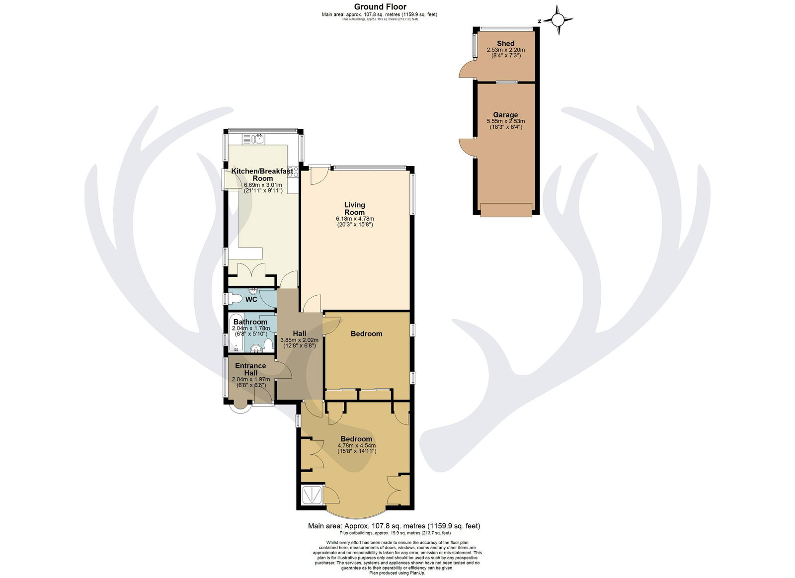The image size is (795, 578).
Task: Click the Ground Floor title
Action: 380,6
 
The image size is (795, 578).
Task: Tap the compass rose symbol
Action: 557,20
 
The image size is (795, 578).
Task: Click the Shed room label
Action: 505,43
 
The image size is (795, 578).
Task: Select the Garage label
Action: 505,115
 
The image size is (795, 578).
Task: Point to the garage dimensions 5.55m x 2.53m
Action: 505,121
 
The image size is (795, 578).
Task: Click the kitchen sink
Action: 253,139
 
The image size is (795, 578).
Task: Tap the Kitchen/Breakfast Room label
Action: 262,174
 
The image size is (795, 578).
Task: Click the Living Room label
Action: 355,208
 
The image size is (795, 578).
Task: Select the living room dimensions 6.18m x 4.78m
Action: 355,219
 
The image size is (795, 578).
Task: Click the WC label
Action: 251,299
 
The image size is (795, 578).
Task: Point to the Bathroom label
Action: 250,322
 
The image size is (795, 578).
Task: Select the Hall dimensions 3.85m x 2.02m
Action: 299,340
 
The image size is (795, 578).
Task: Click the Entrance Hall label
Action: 250,369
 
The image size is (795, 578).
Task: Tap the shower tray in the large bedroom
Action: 312,495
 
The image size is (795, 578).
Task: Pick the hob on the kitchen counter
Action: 293,172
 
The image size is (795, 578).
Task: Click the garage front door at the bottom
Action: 506,210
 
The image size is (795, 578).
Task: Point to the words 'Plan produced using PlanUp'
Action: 397,573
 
